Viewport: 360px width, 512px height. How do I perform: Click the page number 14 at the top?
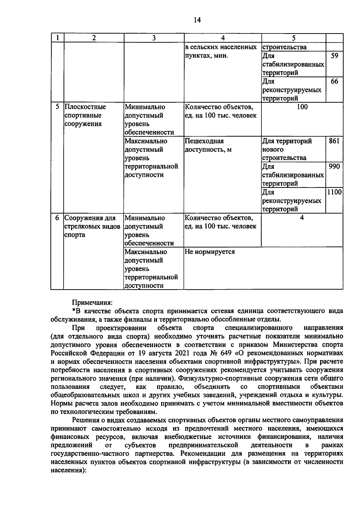point(197,20)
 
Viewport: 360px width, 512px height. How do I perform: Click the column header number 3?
point(154,38)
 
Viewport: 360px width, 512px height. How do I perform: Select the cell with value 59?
point(334,56)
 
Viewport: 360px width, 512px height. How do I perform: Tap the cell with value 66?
point(334,81)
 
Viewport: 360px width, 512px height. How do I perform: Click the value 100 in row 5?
point(302,107)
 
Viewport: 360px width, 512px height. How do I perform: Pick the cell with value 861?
point(334,141)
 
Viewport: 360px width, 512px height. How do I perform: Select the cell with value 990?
point(334,166)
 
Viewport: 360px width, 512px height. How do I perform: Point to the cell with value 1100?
point(334,192)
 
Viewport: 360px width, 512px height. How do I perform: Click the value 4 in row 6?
point(302,218)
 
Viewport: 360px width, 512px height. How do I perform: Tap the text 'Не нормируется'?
point(209,252)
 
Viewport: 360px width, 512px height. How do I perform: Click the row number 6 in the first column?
point(57,218)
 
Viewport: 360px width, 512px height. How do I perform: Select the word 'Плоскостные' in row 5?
point(85,107)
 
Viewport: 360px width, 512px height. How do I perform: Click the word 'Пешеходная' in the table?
point(204,141)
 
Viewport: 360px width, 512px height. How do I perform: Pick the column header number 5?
point(293,38)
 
